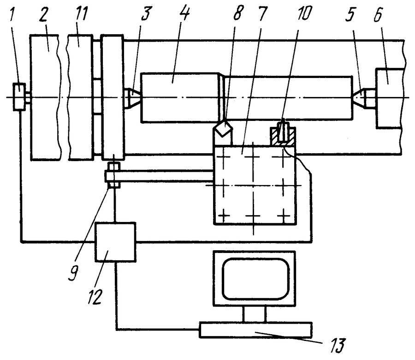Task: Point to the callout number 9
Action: [73, 273]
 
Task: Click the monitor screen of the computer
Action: [255, 279]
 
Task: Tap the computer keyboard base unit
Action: [255, 330]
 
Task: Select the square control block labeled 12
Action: [115, 242]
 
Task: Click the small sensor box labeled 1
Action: [19, 96]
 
